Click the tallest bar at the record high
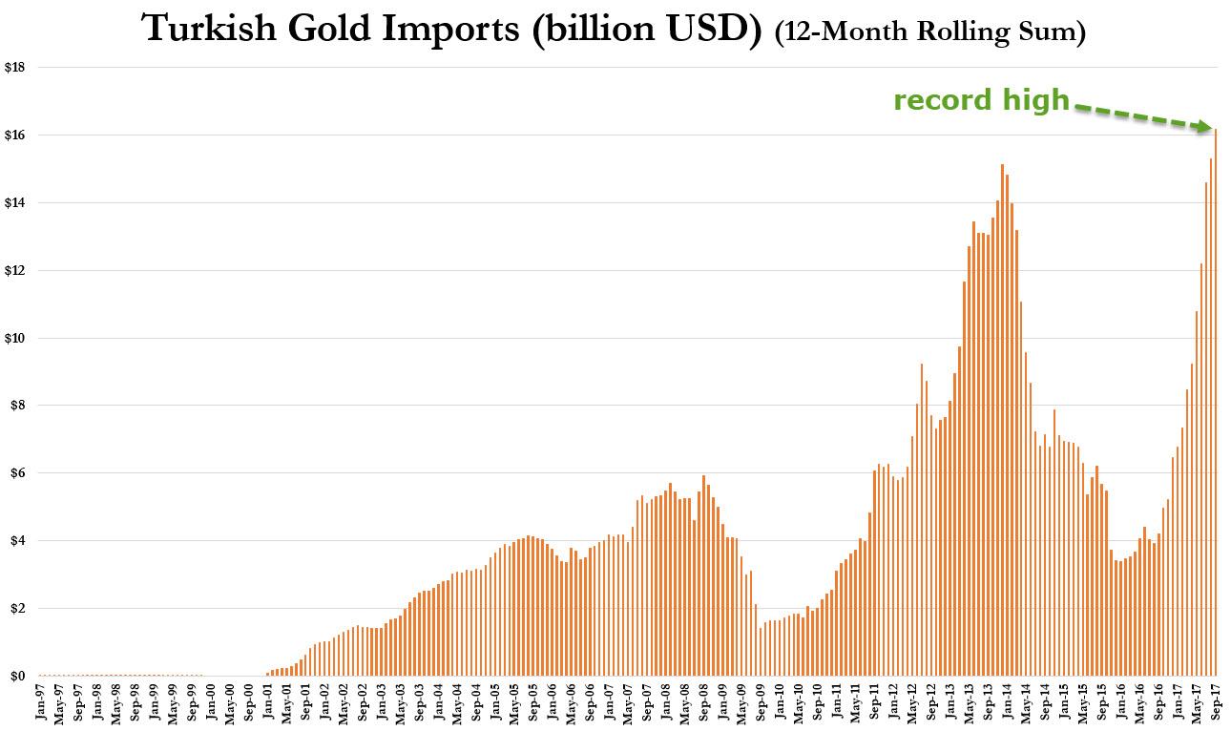tap(1216, 401)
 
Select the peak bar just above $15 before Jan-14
tap(1002, 420)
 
